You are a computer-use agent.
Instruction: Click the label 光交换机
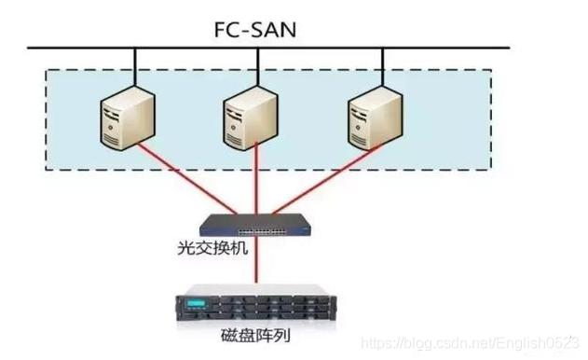point(211,250)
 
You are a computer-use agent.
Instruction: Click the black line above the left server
point(134,65)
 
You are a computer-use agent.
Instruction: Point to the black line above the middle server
point(255,65)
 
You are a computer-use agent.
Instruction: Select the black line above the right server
point(379,65)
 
